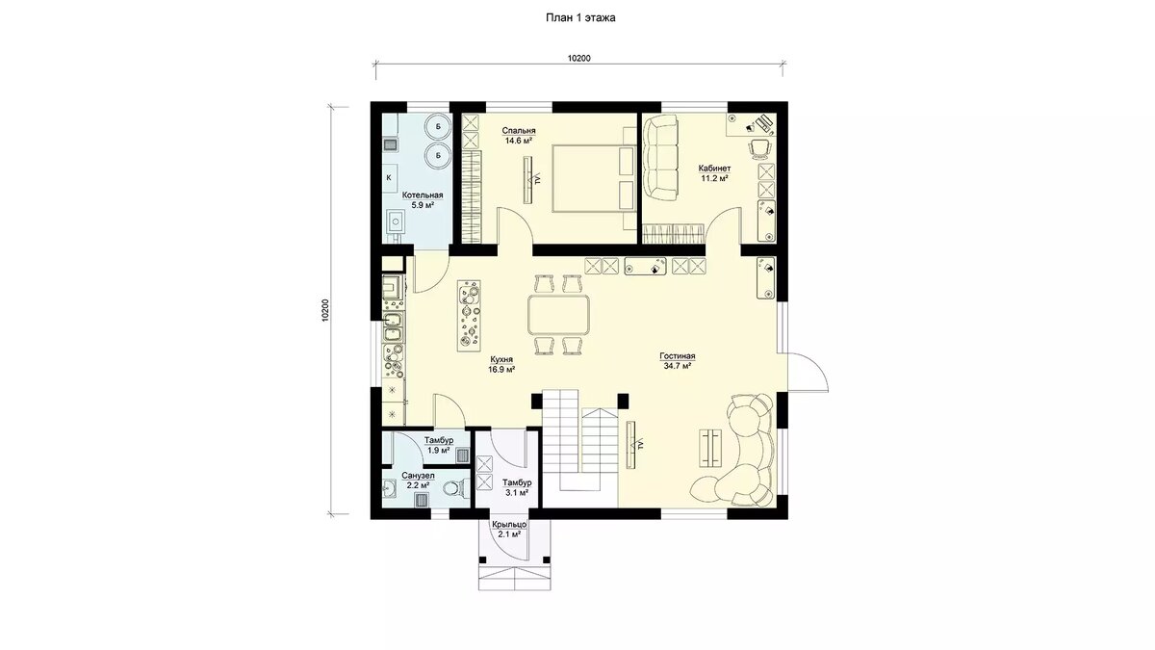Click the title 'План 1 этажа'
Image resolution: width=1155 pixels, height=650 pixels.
[x=580, y=18]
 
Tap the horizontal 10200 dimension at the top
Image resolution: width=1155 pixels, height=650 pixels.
[x=579, y=59]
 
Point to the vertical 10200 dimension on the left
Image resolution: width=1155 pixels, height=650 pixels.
[x=325, y=311]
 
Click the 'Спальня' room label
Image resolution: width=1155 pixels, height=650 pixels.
[x=519, y=131]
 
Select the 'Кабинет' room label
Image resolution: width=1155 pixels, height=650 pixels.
[x=714, y=169]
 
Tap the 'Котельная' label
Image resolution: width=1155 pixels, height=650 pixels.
[x=423, y=195]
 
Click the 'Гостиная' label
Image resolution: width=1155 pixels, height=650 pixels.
[x=677, y=356]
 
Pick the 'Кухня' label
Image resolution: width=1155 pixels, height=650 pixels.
[x=501, y=359]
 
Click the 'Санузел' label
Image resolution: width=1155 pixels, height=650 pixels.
[x=418, y=475]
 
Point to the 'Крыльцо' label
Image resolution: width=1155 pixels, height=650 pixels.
[x=509, y=525]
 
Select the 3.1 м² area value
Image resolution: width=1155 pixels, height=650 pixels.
[x=517, y=493]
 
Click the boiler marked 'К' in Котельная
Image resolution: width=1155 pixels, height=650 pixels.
[x=390, y=177]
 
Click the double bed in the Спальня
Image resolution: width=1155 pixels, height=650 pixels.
[x=594, y=178]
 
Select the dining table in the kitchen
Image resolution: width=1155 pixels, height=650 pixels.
[x=559, y=314]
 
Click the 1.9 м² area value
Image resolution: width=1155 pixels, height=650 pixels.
[x=438, y=450]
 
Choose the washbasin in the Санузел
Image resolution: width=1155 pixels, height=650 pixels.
[x=389, y=487]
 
